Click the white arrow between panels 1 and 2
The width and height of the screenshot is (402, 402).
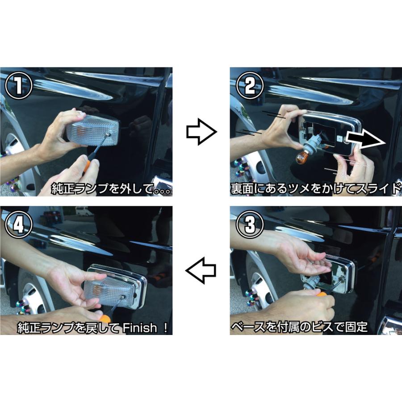coord(201,132)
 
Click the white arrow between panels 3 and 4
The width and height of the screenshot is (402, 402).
coord(201,270)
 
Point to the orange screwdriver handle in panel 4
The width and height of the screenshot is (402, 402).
coord(105,319)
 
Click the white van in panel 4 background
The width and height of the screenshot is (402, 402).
coord(84,211)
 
